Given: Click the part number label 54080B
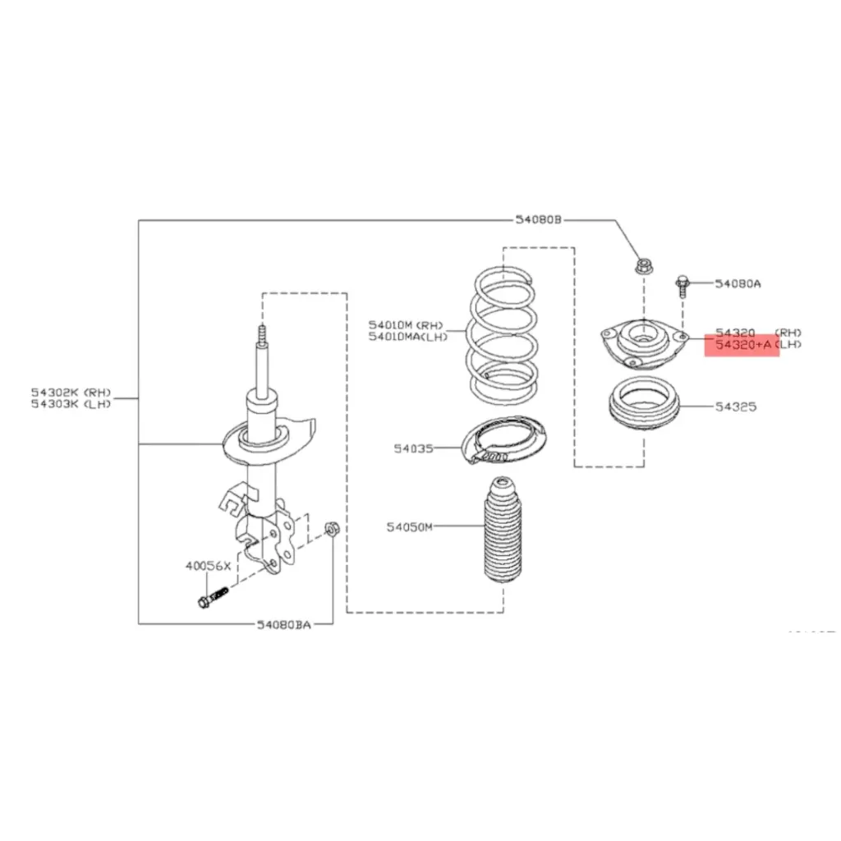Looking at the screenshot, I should pos(538,219).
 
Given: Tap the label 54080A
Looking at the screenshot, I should pos(737,284).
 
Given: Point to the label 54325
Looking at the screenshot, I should pos(734,407).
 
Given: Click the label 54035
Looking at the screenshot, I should pos(411,448).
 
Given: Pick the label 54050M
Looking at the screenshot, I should pos(409,526).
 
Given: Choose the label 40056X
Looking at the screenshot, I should pos(208,566).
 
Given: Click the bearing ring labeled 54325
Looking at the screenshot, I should pos(644,407).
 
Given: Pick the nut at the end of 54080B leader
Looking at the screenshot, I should pos(642,267).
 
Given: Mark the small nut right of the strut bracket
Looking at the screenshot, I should pos(332,528).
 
